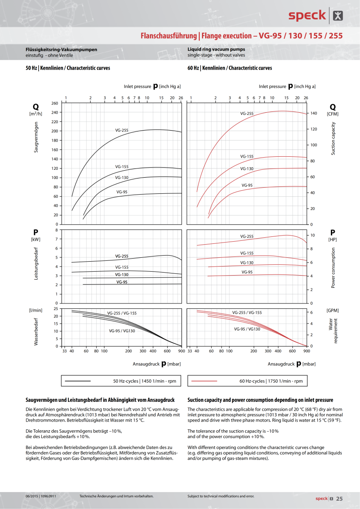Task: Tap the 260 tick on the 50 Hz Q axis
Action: click(55, 103)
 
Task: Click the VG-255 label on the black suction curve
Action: click(122, 130)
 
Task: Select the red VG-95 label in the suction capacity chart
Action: click(247, 185)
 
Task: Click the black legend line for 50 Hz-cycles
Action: click(77, 381)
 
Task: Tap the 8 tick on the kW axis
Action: click(56, 230)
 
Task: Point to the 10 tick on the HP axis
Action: click(312, 235)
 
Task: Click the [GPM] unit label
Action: click(333, 310)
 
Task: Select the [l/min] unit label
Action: click(36, 310)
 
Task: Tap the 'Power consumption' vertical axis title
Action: click(333, 268)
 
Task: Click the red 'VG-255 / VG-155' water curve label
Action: click(247, 313)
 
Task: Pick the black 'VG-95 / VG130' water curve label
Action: click(122, 331)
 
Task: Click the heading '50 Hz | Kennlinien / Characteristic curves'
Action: click(68, 68)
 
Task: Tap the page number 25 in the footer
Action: click(340, 499)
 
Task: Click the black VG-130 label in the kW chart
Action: click(122, 275)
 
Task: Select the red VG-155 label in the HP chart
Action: click(247, 253)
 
